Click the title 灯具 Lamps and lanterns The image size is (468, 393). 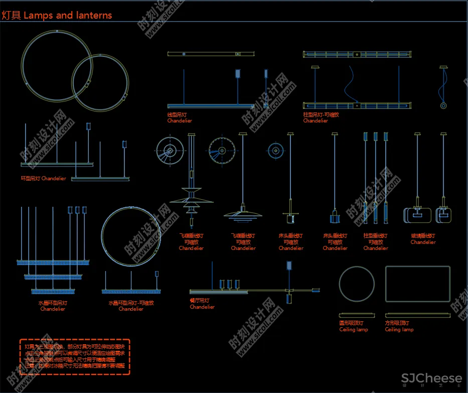56,15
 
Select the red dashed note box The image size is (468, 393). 75,356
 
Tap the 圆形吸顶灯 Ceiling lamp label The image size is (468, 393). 353,326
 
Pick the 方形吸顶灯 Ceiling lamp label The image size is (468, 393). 399,326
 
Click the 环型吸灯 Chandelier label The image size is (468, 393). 43,179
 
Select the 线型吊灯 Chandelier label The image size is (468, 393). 179,117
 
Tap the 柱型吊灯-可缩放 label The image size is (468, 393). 321,117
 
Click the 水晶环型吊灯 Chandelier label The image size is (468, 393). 53,306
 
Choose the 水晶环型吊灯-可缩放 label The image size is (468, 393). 131,306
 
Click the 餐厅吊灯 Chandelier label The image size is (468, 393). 202,304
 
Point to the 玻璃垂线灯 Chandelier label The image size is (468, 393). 423,239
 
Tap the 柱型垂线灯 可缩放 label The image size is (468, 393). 375,241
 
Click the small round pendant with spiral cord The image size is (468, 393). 443,105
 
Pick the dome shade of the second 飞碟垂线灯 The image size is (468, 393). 243,214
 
